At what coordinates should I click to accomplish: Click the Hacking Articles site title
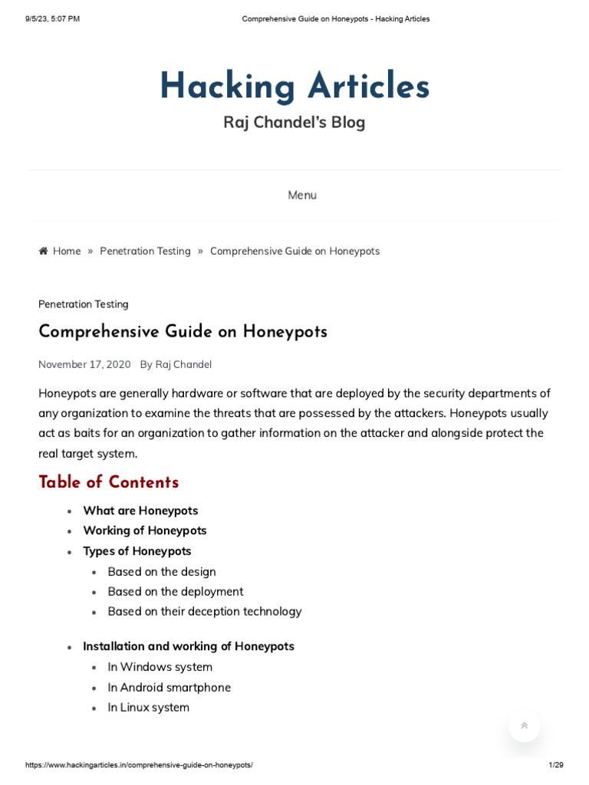[294, 87]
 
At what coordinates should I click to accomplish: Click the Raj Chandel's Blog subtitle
[294, 123]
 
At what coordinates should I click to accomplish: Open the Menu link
[301, 195]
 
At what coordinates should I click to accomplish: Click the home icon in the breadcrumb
[44, 251]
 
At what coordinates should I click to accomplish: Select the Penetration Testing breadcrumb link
[145, 251]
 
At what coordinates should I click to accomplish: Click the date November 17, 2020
[84, 365]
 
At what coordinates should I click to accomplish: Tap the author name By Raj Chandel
[176, 365]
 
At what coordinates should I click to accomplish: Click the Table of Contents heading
[109, 482]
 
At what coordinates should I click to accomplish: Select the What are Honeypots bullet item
[140, 511]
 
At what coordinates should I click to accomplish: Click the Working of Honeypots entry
[145, 530]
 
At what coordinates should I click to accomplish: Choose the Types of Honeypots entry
[137, 551]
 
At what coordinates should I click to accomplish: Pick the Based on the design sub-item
[162, 572]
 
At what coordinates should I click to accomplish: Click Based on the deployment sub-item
[176, 592]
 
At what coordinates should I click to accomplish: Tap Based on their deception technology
[205, 612]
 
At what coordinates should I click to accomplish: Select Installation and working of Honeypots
[189, 646]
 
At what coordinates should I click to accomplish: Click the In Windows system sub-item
[160, 667]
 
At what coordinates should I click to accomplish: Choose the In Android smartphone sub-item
[169, 688]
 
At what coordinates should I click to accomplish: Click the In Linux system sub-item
[149, 708]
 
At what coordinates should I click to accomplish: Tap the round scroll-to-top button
[525, 725]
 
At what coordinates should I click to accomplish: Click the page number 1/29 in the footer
[556, 765]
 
